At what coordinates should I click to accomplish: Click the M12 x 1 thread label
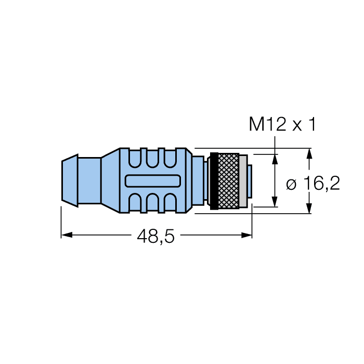coord(282,125)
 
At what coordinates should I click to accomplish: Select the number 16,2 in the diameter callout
coord(322,184)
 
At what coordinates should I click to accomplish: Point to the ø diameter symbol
coord(292,184)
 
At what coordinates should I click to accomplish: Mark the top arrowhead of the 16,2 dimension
coord(309,153)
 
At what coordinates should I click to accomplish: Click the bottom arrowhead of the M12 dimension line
coord(275,203)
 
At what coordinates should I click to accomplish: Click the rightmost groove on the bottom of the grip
coord(170,203)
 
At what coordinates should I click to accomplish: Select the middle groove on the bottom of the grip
coord(153,203)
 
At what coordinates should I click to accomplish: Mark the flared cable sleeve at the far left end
coord(70,180)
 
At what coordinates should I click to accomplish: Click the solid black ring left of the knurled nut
coord(213,180)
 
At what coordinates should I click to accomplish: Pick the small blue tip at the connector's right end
coord(250,180)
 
